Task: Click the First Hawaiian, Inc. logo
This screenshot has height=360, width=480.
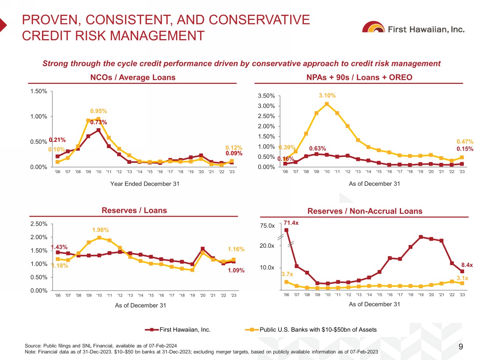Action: [x=413, y=28]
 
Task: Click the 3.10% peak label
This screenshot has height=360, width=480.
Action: [x=327, y=96]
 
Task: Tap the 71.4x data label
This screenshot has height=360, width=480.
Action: [x=291, y=223]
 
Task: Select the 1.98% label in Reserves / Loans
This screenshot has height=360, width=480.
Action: [x=100, y=230]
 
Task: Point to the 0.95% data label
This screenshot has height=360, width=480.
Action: [x=99, y=111]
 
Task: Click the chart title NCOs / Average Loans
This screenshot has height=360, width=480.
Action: [x=133, y=78]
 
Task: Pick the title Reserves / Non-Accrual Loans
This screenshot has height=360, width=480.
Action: [x=365, y=211]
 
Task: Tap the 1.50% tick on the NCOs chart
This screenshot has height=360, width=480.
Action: [x=39, y=91]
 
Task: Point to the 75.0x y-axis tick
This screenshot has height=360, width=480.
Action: [x=267, y=226]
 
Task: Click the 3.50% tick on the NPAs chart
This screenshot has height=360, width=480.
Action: [x=266, y=96]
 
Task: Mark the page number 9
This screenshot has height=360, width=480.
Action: [x=460, y=347]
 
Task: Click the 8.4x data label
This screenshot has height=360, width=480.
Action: [x=467, y=265]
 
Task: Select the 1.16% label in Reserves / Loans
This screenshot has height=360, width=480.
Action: [x=236, y=249]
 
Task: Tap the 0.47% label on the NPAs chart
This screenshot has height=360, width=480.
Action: [x=465, y=142]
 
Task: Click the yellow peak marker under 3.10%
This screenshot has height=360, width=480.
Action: [x=327, y=104]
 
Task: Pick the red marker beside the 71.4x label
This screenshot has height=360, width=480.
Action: [x=287, y=230]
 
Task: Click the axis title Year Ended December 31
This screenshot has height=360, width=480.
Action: [x=145, y=184]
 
